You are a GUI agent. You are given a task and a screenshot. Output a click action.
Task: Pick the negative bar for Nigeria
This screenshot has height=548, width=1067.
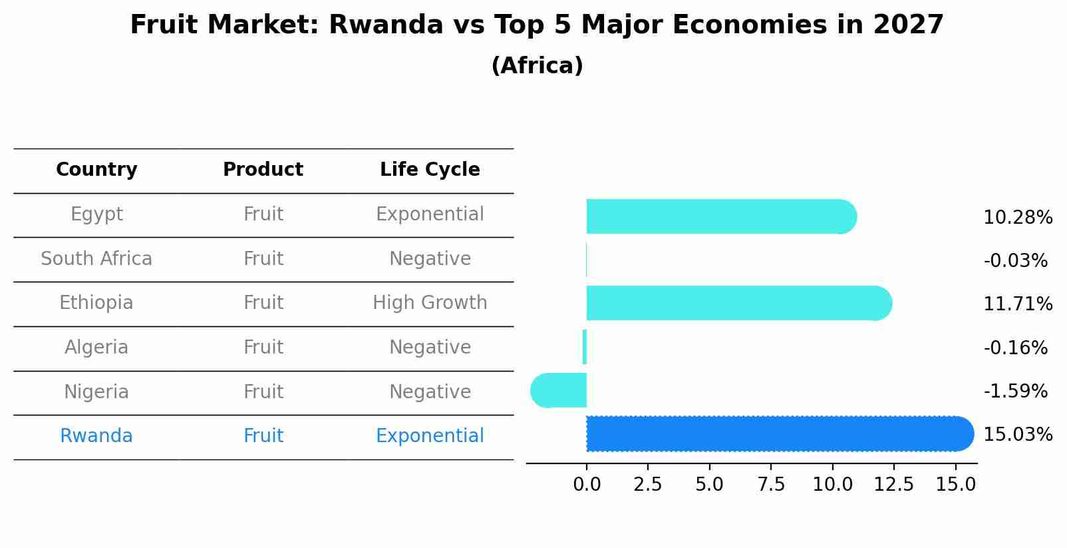pos(559,390)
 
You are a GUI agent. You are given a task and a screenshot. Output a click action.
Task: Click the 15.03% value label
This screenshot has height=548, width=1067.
pos(1017,435)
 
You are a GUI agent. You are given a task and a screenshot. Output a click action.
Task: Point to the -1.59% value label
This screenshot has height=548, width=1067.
pos(1015,391)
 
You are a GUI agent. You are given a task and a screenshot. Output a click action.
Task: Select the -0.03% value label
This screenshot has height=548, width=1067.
pos(1015,260)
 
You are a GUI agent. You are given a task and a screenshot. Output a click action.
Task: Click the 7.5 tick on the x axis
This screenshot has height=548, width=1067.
pos(771,484)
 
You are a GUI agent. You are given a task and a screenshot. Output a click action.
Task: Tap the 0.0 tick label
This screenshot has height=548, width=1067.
pos(587,484)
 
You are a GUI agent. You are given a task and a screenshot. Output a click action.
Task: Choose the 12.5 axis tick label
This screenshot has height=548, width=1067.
pos(893,484)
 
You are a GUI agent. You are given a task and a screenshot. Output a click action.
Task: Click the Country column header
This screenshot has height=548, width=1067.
pos(96,170)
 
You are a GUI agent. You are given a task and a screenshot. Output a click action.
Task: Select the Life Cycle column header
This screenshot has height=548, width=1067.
pos(430,170)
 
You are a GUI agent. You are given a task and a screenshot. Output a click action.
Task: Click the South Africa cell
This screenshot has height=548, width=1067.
pos(96,258)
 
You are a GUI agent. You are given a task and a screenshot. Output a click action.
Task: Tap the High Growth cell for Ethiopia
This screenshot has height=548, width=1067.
pos(430,303)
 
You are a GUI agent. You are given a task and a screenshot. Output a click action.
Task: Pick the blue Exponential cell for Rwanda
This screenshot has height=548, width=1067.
pos(430,436)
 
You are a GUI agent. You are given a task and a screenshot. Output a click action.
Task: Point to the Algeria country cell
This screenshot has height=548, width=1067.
pos(96,347)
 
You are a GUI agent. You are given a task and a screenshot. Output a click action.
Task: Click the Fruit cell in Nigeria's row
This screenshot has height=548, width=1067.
pos(263,392)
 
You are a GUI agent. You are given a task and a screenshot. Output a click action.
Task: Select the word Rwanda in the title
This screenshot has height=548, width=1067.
pos(386,25)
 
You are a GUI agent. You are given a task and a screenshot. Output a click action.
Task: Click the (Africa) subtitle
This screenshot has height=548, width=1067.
pos(537,65)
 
